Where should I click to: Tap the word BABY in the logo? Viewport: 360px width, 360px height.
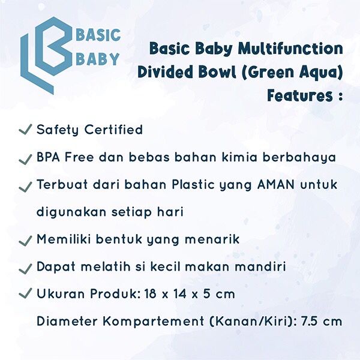point(97,59)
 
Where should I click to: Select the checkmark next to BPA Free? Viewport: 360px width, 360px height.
point(25,158)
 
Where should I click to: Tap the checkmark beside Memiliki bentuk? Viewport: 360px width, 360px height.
point(25,240)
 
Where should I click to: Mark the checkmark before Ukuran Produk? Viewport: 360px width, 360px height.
point(25,294)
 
